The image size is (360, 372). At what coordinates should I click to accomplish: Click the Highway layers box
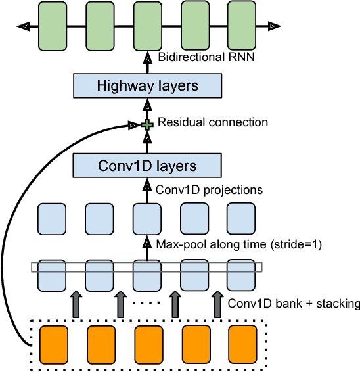(x=147, y=86)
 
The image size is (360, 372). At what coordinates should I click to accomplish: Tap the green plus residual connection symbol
(x=148, y=123)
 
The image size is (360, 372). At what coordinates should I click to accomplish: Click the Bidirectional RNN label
(x=206, y=58)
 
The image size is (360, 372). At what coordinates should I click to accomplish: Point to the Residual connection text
(x=213, y=122)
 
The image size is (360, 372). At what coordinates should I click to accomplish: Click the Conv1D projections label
(x=208, y=189)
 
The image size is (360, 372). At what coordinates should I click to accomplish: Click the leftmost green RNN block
(x=53, y=26)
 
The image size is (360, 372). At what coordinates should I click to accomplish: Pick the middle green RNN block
(x=147, y=26)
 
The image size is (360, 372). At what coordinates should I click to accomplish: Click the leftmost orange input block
(x=55, y=342)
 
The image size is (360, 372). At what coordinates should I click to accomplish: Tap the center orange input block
(x=148, y=342)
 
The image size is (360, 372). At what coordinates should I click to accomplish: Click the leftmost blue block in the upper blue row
(x=53, y=218)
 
